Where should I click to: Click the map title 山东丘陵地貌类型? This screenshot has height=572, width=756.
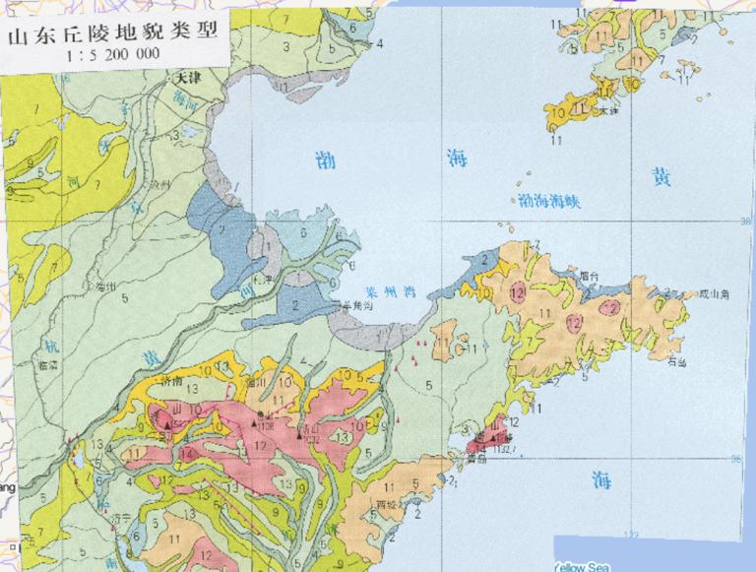point(110,37)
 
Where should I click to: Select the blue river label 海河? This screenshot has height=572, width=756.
point(180,99)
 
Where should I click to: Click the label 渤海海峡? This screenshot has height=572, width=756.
point(550,200)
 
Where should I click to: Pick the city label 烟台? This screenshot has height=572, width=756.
point(591,278)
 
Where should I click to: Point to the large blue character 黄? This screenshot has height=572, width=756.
point(660,177)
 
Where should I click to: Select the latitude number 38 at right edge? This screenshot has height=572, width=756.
point(745,221)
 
